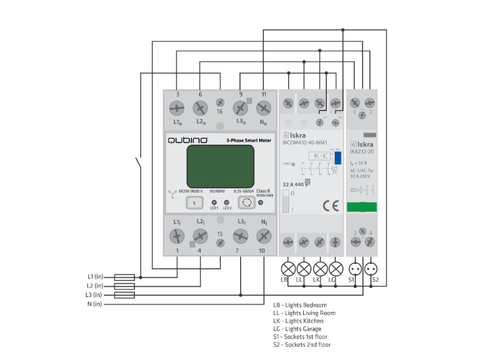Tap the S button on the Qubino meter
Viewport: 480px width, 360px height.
195,203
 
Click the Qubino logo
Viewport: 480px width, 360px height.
188,140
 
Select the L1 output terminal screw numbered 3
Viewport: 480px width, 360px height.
178,109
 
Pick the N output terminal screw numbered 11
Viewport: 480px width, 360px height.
263,109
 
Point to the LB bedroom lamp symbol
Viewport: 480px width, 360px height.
288,267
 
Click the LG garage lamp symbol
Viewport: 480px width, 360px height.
336,267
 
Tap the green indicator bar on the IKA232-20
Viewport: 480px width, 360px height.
362,207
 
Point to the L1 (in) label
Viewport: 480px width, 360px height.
95,277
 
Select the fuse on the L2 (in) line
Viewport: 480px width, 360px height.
124,286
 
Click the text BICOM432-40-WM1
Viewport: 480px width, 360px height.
304,143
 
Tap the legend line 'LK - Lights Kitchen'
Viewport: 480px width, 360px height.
303,321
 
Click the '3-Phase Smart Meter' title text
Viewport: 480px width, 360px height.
248,140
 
